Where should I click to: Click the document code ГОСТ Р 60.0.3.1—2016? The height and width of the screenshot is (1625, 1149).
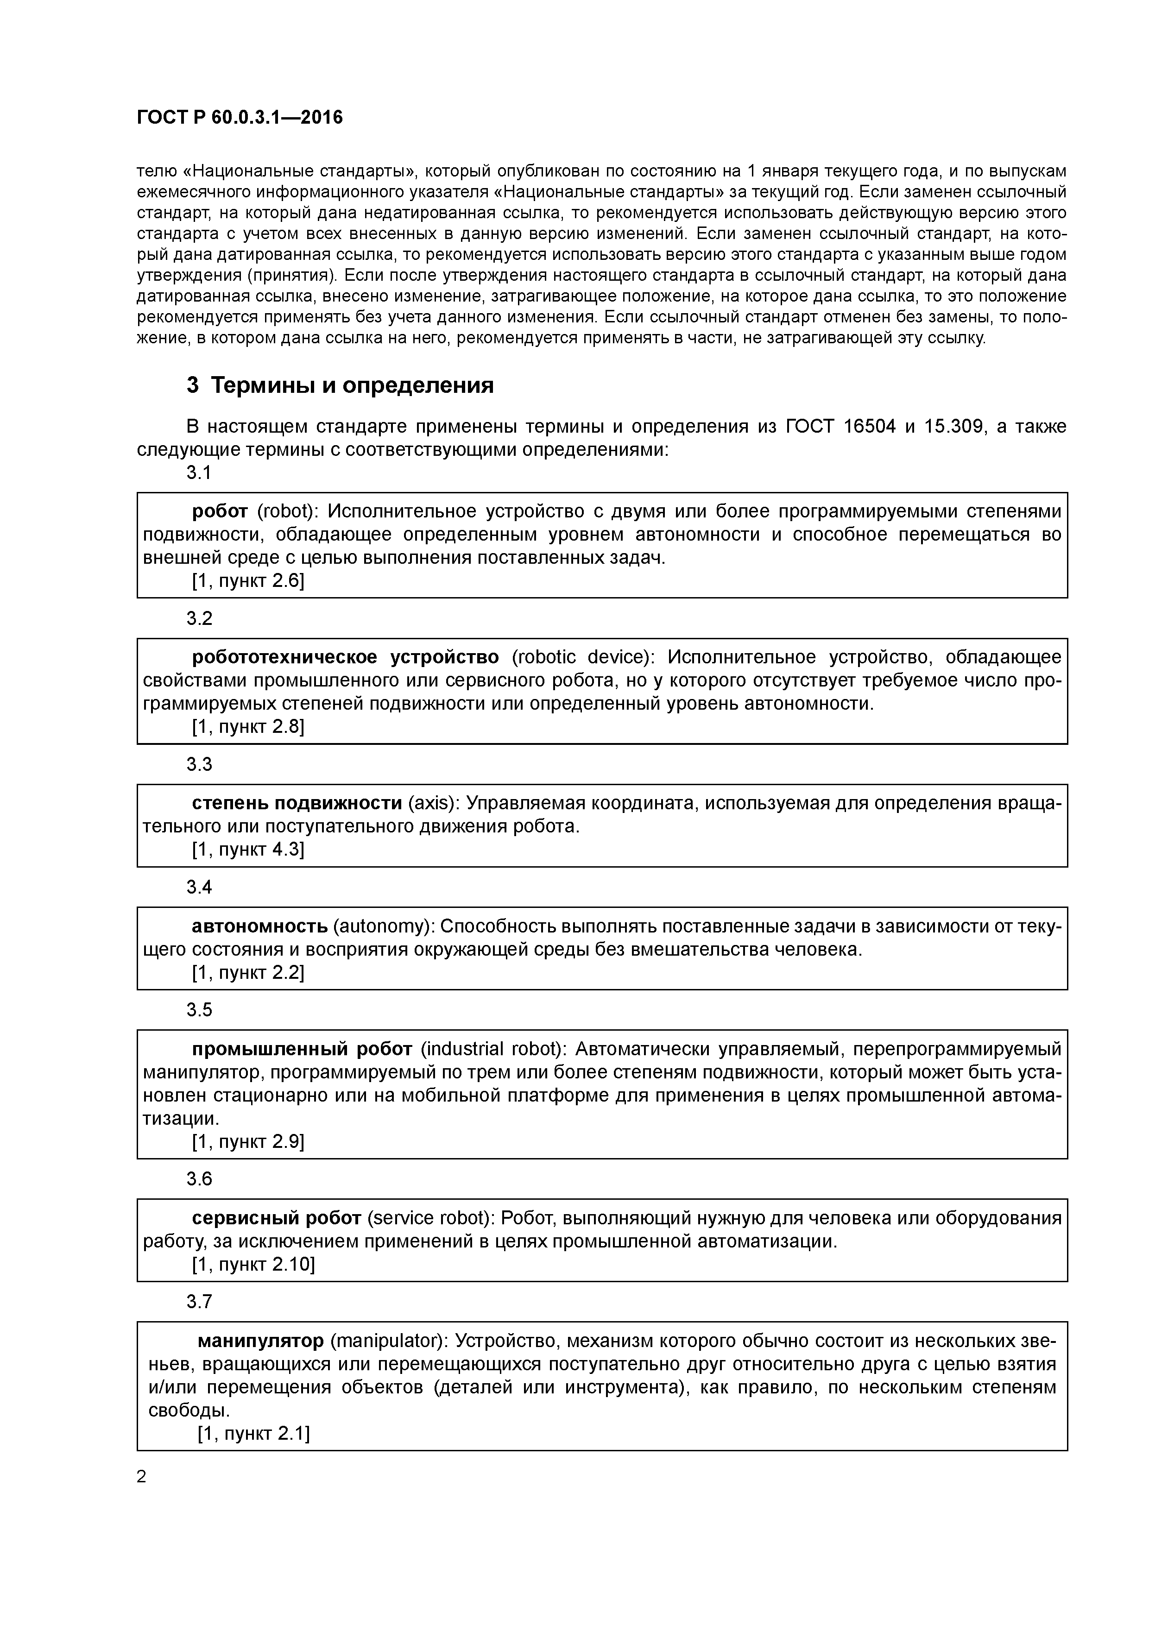[239, 118]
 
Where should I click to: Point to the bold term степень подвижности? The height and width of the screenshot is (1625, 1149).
[297, 803]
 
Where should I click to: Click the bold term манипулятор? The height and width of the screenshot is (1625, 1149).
[260, 1341]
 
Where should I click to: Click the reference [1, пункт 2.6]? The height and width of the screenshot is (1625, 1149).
[248, 580]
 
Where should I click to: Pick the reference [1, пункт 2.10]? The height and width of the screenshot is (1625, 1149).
[253, 1264]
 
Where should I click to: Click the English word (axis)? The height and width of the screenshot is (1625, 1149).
[433, 803]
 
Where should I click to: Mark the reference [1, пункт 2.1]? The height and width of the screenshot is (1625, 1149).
[253, 1433]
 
